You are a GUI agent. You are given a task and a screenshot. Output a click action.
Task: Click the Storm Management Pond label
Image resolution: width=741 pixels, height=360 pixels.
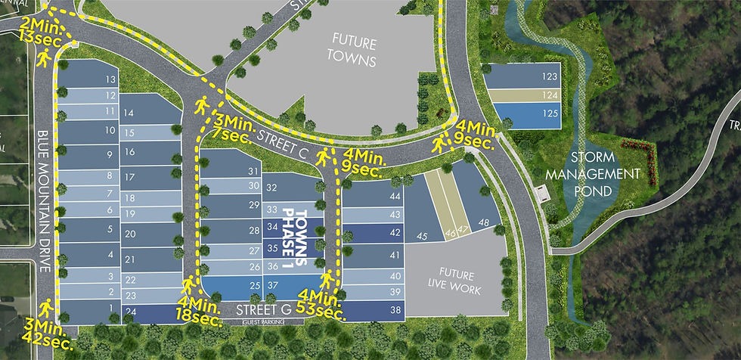coord(605,173)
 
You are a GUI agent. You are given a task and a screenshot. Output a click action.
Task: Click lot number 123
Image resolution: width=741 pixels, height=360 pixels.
coord(550,76)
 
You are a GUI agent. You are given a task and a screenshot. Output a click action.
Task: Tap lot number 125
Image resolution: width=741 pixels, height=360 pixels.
coord(550,113)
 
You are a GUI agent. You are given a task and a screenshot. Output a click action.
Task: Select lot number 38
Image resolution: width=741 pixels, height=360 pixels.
coord(395,309)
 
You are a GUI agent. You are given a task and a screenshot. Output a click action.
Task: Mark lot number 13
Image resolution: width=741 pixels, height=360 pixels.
coord(111,79)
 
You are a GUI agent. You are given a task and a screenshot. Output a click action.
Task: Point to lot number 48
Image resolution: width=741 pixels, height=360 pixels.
coord(485,222)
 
